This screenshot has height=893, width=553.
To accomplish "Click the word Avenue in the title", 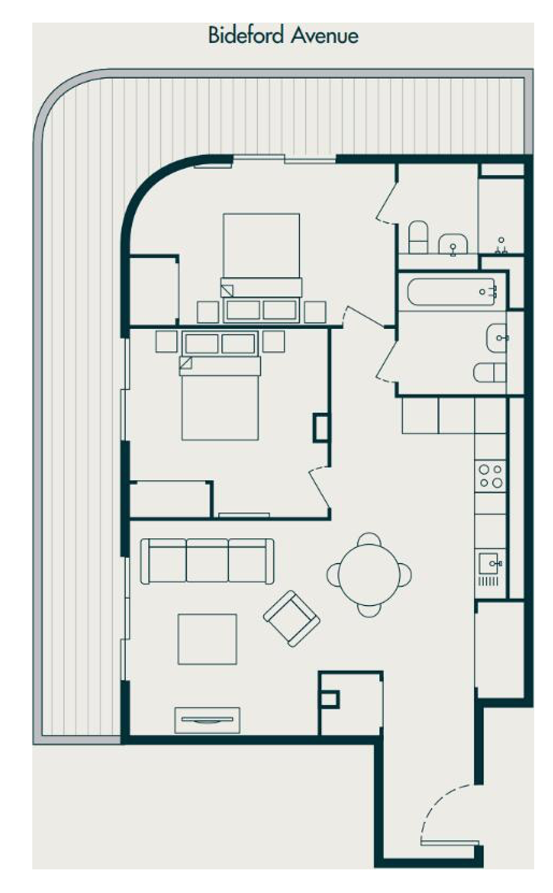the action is (324, 36).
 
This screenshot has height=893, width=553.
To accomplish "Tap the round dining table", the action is (369, 574).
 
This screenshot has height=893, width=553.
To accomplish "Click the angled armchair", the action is (291, 619).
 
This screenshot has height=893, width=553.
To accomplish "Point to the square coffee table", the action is (207, 639).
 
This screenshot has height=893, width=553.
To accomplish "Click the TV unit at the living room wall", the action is (207, 720).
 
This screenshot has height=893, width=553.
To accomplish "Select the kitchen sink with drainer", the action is (491, 569).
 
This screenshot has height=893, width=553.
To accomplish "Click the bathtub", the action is (451, 292).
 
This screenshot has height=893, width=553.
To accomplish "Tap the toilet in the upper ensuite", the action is (418, 237).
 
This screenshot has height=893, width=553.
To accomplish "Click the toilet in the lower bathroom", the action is (489, 372).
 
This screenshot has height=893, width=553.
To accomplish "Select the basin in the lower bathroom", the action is (497, 338).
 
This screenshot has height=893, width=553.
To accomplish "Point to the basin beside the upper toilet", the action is (453, 243).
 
